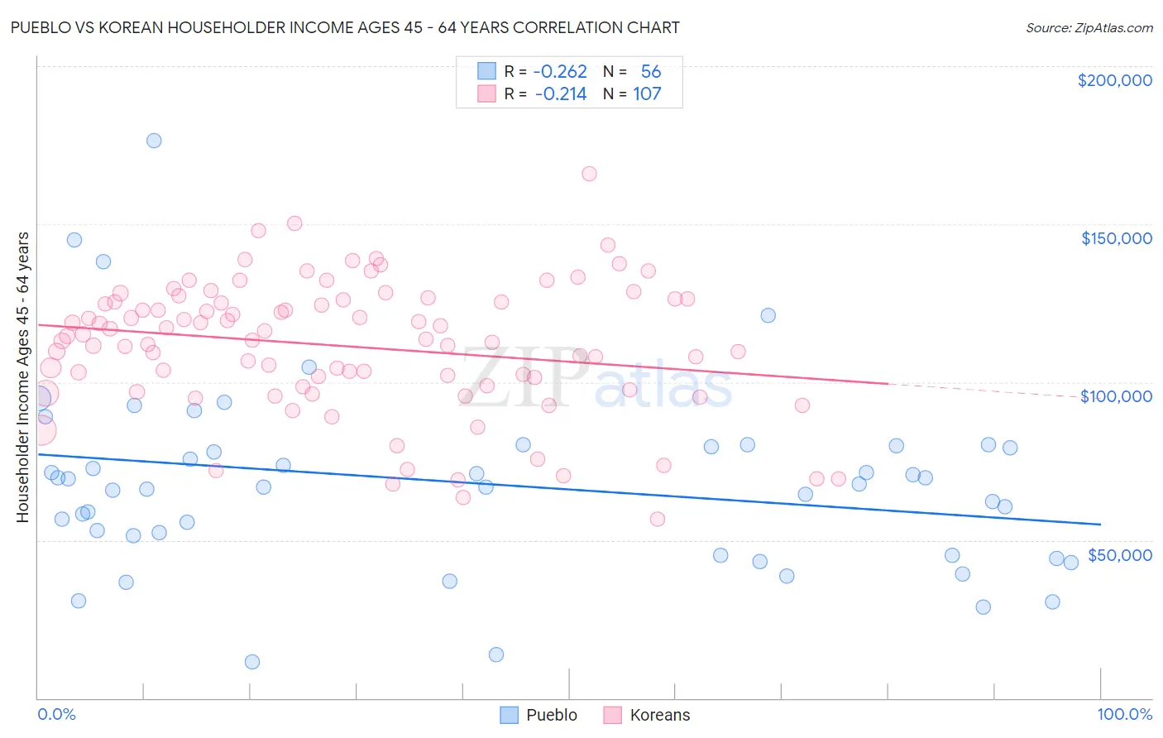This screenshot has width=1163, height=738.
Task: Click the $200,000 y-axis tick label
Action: tap(1114, 80)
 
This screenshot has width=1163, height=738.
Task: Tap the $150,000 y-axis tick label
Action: tap(1116, 238)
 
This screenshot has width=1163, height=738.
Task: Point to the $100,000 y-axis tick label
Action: tap(1116, 396)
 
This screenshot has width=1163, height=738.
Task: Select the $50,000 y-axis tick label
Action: tap(1119, 555)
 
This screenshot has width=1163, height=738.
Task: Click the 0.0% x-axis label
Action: tap(56, 714)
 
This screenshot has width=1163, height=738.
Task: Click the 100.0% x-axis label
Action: tap(1124, 714)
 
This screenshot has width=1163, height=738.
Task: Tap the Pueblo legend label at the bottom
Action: tap(552, 715)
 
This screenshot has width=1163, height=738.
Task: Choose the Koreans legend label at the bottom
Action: tap(659, 715)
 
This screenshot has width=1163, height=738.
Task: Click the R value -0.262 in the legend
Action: tap(560, 72)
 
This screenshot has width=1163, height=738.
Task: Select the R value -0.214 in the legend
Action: tap(560, 94)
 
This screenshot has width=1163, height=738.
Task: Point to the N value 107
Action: tap(647, 94)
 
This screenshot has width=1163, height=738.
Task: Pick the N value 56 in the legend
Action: tap(650, 72)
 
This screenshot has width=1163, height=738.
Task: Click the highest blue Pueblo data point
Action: tap(154, 141)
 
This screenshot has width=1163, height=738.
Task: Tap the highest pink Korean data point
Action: tap(589, 174)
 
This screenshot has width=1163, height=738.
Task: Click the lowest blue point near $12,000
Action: tap(252, 662)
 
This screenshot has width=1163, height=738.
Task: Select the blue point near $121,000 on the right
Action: tap(768, 315)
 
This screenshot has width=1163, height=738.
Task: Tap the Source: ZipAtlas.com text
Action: tap(1089, 28)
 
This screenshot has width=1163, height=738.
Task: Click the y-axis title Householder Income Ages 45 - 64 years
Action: tap(23, 377)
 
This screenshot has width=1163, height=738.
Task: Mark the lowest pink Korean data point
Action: tap(658, 520)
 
